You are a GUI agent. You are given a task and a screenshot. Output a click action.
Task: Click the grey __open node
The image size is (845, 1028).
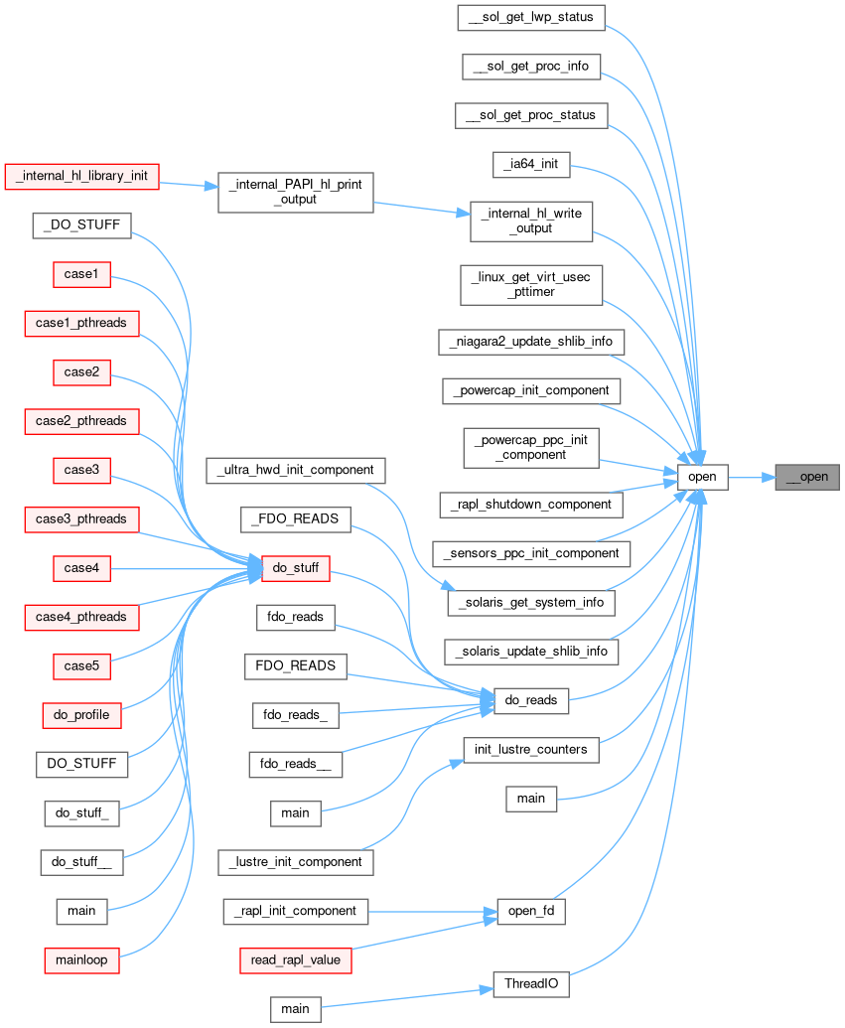coord(806,477)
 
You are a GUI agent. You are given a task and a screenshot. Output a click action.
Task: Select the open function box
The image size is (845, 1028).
coord(702,477)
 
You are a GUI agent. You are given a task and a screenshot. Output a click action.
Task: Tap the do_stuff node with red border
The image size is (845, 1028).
coord(296,569)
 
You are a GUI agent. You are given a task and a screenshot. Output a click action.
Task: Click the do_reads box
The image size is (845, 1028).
coord(530,700)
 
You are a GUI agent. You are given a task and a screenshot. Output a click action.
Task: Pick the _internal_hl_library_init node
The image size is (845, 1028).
coord(82,176)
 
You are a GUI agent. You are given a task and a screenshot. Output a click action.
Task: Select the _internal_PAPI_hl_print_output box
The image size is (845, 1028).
coord(295,192)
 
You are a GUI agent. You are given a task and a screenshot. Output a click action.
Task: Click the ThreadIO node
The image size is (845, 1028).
coord(531,984)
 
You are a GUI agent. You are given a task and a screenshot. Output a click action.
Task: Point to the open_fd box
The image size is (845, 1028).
coord(531,911)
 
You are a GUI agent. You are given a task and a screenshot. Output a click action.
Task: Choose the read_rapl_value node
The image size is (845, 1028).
coord(295,959)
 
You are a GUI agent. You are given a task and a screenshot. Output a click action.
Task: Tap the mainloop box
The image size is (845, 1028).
coord(81,959)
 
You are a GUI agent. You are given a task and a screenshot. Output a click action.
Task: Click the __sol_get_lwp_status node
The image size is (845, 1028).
coord(531,16)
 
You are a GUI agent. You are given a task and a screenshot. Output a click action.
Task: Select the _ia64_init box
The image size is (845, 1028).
coord(531,164)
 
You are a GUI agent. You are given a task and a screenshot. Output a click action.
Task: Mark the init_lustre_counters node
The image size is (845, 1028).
coord(531,749)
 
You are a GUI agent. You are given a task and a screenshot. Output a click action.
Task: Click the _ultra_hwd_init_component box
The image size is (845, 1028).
coord(295,469)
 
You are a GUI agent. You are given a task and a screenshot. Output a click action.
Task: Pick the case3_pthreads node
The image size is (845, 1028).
coord(81,518)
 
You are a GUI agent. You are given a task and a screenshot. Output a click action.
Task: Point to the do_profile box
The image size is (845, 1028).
coord(81,714)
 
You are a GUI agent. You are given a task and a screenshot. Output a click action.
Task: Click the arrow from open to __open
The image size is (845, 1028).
coord(752,477)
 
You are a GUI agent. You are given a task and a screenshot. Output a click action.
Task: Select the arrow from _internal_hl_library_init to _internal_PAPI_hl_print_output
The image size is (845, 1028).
coord(189,184)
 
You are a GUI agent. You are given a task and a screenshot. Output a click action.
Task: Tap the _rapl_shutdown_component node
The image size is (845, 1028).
coord(531,504)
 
